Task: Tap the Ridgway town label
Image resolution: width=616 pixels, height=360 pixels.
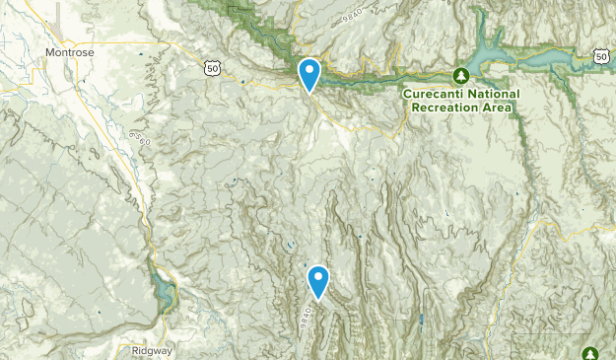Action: point(151,350)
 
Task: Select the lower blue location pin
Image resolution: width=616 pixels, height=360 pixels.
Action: point(318,282)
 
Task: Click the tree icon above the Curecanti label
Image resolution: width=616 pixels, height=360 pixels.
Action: point(460,75)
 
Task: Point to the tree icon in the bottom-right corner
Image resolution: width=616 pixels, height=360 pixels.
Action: point(591,353)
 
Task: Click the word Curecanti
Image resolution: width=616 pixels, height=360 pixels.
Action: point(435,95)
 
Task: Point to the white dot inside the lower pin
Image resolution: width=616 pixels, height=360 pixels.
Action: point(318,277)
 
